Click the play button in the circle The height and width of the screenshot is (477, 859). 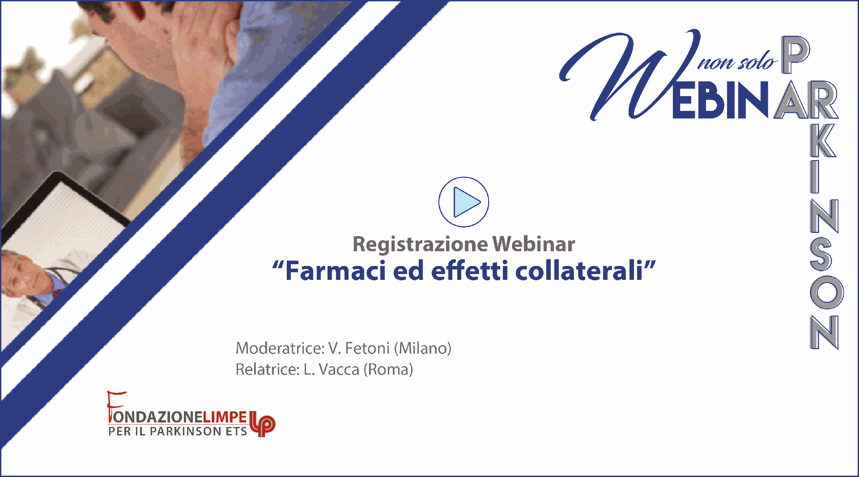click(464, 202)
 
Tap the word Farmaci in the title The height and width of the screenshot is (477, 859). click(336, 271)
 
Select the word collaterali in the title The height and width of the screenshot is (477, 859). click(579, 271)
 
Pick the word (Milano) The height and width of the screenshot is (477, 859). click(423, 348)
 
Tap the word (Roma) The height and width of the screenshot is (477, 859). click(388, 370)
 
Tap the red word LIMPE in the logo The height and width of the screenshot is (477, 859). click(225, 417)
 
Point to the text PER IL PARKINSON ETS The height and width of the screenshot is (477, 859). click(178, 431)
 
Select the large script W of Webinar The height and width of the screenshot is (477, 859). click(629, 76)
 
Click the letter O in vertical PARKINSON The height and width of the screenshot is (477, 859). click(826, 292)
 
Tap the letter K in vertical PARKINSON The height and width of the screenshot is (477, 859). click(823, 140)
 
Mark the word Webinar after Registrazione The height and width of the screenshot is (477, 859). click(534, 245)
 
